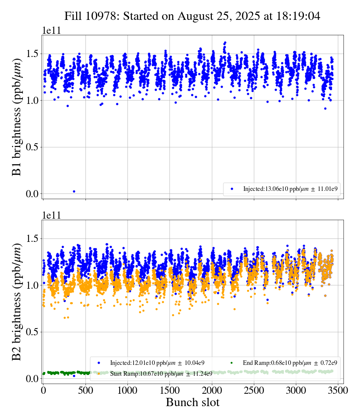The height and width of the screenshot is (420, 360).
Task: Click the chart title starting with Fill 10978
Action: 192,16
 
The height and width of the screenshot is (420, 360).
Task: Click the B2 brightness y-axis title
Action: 17,301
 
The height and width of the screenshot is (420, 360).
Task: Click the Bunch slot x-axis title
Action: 192,402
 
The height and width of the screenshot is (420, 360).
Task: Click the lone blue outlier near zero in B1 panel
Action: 74,191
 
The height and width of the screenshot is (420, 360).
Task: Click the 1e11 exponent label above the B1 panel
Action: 51,31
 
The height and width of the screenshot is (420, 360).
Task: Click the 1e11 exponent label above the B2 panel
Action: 51,215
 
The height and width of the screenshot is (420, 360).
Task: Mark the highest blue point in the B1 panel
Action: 225,43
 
